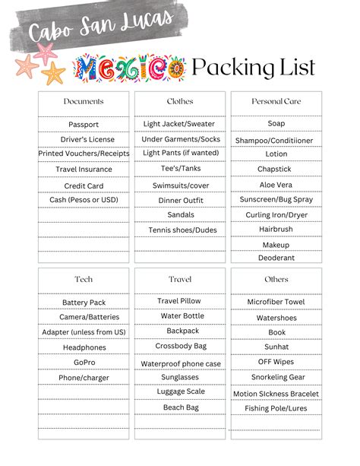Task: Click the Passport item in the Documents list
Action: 84,124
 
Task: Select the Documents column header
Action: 84,101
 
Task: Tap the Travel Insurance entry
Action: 84,170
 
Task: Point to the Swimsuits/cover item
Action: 180,185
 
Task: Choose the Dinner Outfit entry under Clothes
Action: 180,200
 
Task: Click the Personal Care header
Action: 276,101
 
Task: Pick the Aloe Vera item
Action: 276,185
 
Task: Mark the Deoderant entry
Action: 276,258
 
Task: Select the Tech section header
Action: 84,280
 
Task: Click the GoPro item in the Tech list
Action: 84,363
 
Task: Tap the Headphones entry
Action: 84,347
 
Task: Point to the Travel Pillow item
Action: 180,301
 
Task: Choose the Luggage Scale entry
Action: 180,392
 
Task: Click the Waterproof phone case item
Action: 180,363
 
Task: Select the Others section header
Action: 276,280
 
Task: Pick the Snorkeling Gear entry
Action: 276,378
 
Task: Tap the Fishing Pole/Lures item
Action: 276,408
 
